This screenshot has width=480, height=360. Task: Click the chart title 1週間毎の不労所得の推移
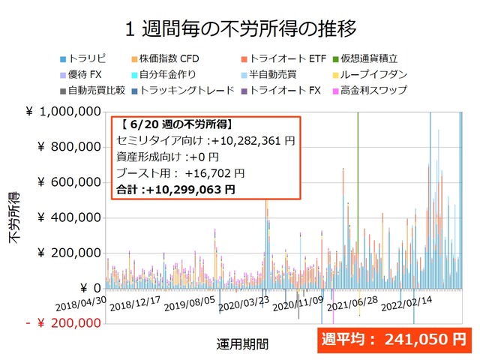pyautogui.click(x=240, y=28)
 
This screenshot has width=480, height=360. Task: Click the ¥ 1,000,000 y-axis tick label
pyautogui.click(x=63, y=112)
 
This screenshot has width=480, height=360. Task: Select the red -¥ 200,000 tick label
pyautogui.click(x=63, y=323)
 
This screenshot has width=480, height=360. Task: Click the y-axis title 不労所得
pyautogui.click(x=15, y=217)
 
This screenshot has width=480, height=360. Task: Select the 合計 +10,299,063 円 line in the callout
pyautogui.click(x=177, y=190)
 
